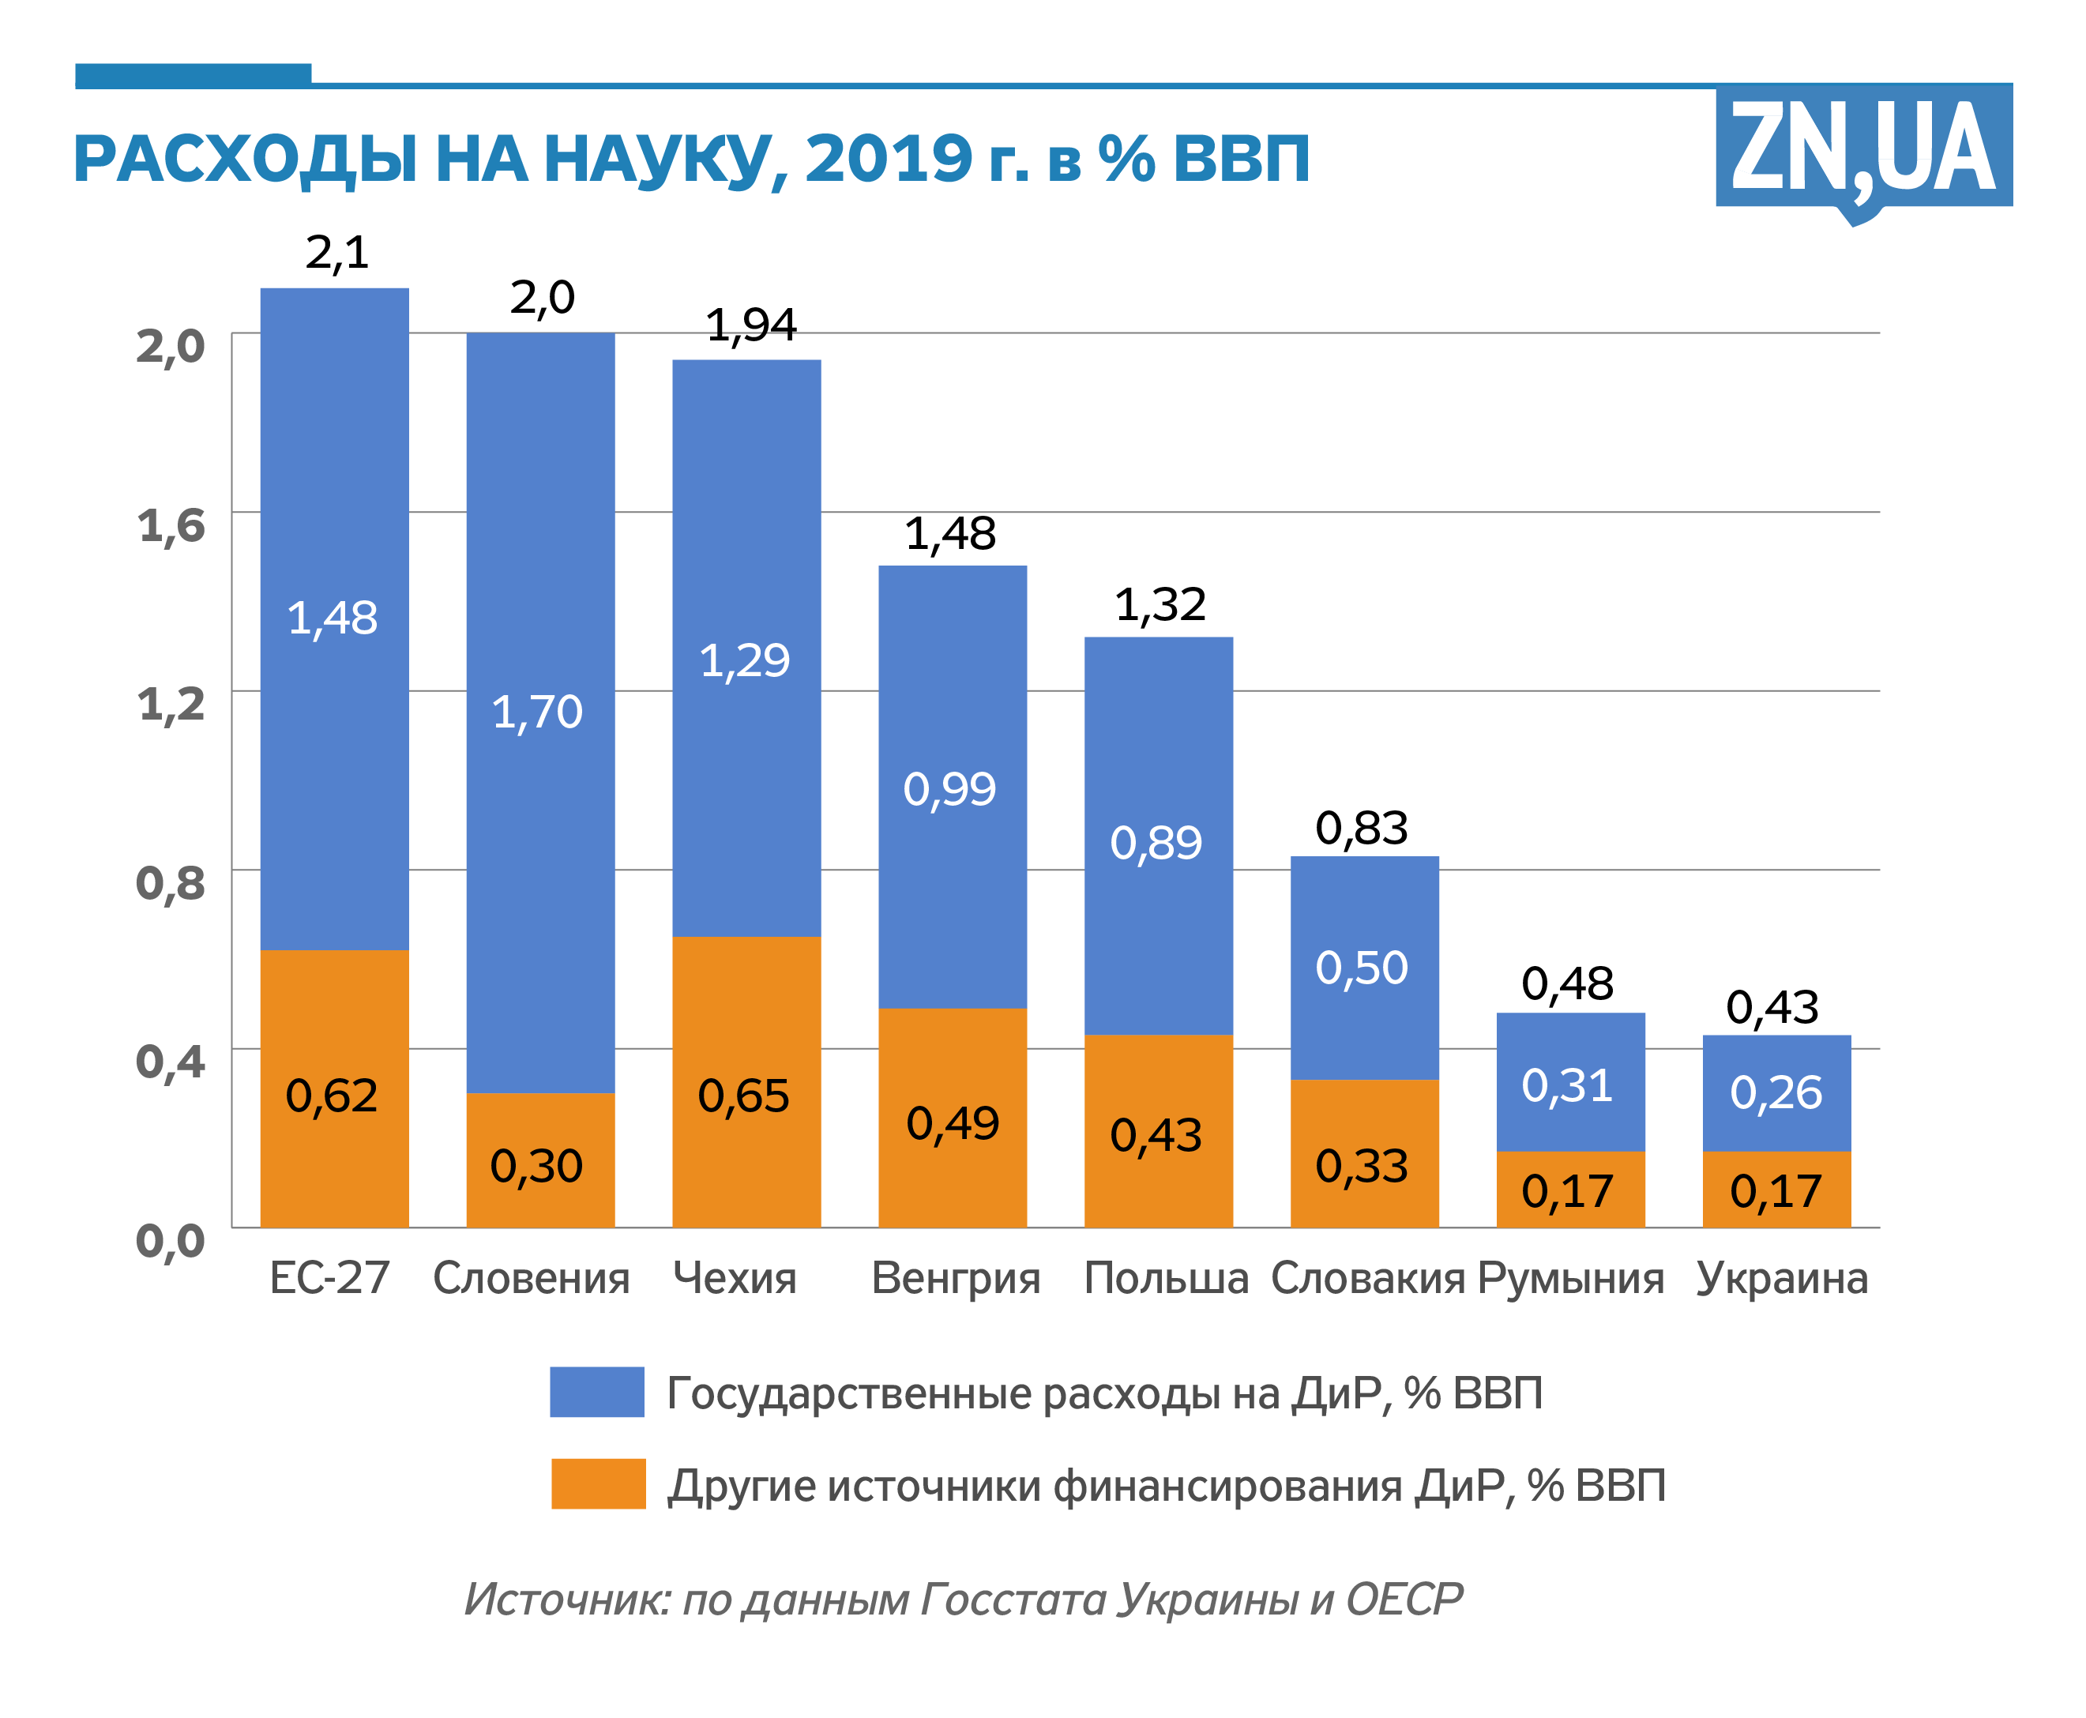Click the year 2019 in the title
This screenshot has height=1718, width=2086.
pos(889,158)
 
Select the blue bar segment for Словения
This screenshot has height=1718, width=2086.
pos(540,712)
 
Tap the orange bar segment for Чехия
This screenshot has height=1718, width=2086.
pos(746,1081)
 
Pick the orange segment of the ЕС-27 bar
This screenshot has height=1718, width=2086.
pos(334,1088)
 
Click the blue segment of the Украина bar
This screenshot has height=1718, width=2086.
pos(1776,1092)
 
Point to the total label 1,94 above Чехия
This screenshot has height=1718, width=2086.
pos(751,325)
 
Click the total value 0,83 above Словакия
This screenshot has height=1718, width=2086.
pos(1362,827)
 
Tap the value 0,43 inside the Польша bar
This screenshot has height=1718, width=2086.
pos(1156,1135)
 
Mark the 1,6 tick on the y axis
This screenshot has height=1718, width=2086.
pos(171,524)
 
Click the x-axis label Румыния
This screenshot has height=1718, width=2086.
pos(1570,1279)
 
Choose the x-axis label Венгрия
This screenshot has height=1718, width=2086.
pos(955,1279)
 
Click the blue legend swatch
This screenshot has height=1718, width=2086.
pos(596,1392)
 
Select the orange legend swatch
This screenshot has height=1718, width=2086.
pos(598,1483)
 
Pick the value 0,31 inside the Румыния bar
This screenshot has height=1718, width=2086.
pos(1568,1085)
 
